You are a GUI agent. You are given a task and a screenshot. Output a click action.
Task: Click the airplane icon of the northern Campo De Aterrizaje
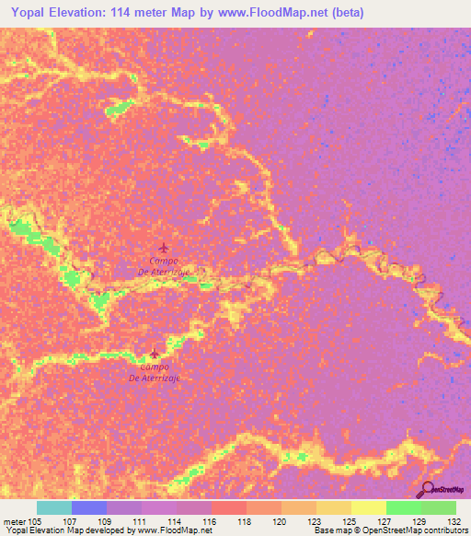click(164, 248)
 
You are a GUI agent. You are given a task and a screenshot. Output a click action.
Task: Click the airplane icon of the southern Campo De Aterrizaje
click(154, 353)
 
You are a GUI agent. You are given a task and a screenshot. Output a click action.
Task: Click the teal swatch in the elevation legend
click(53, 507)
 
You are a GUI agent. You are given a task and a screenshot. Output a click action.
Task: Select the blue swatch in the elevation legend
click(88, 507)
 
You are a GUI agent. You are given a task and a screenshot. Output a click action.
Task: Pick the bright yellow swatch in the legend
click(368, 507)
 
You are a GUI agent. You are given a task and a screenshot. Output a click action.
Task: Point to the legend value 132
click(454, 520)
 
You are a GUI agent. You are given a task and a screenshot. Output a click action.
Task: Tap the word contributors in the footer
click(446, 530)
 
